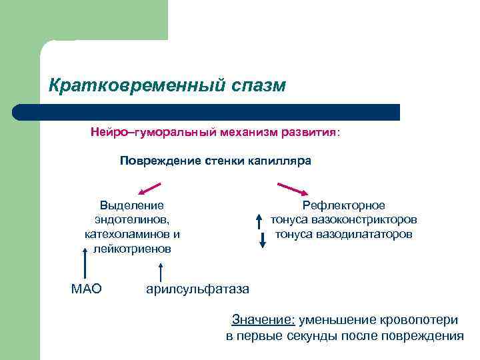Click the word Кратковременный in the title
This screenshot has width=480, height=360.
[129, 86]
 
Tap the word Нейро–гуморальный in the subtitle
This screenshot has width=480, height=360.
[135, 133]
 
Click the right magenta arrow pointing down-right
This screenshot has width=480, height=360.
[291, 188]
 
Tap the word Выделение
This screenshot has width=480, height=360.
[132, 205]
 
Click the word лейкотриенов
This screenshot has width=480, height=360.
[132, 249]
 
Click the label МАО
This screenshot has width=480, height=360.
[86, 289]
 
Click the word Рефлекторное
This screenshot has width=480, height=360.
[343, 205]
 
